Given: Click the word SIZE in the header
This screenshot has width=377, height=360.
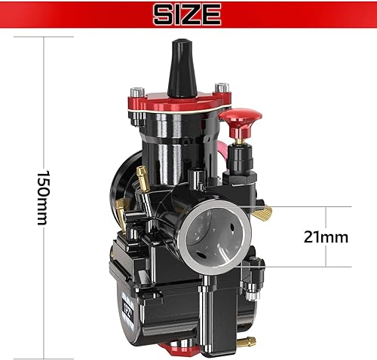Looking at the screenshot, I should click(x=188, y=14).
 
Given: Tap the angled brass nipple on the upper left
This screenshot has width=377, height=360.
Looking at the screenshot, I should click(x=141, y=177).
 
